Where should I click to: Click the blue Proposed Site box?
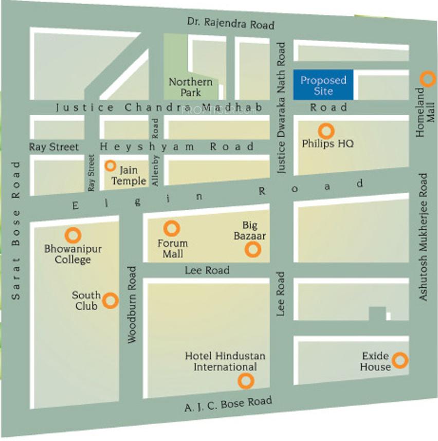[x=323, y=85]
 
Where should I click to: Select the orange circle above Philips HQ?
[x=325, y=130]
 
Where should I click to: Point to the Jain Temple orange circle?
[x=110, y=166]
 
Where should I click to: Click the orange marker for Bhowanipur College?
[x=74, y=235]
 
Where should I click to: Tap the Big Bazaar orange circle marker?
[x=252, y=250]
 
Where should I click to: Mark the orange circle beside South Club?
[x=111, y=301]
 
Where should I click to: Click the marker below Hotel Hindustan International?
[x=246, y=381]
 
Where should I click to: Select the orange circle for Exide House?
[x=400, y=360]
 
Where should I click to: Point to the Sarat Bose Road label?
[x=16, y=231]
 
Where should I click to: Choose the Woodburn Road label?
[x=132, y=304]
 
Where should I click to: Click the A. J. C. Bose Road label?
[x=228, y=405]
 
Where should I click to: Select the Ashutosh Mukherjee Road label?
[x=423, y=237]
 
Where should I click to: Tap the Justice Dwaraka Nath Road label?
[x=281, y=108]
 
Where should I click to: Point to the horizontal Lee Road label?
[x=207, y=270]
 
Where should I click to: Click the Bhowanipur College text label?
[x=73, y=254]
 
